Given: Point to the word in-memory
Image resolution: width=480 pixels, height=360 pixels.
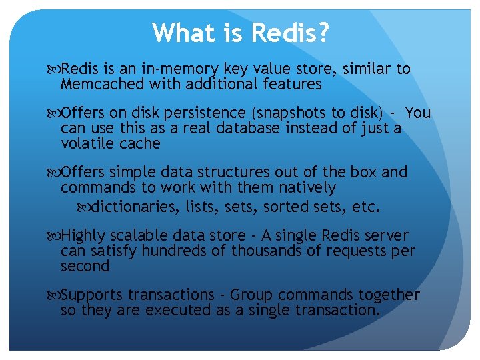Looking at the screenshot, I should click(x=178, y=69).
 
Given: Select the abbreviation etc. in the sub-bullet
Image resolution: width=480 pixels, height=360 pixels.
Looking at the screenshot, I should click(x=366, y=207).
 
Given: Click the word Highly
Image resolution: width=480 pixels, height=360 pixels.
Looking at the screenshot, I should click(x=84, y=236).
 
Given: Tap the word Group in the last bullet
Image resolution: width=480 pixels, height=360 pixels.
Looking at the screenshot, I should click(x=253, y=295).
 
